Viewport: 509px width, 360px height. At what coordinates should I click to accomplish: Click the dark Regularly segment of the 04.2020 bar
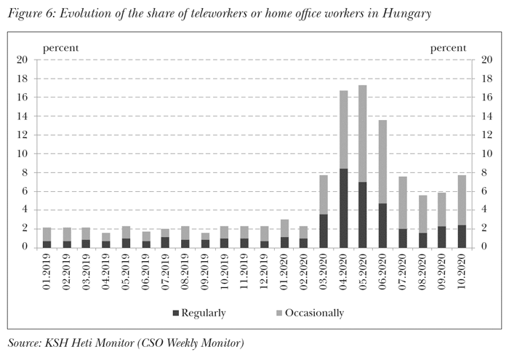(x=344, y=208)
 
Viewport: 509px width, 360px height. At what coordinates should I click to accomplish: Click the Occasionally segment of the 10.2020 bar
(x=462, y=200)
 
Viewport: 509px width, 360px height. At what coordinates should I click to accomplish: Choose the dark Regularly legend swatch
(x=177, y=313)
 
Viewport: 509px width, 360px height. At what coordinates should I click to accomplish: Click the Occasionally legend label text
(x=313, y=313)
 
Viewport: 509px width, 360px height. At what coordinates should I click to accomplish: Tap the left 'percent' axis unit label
(x=61, y=48)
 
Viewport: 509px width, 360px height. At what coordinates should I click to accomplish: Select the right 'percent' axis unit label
(x=449, y=48)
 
